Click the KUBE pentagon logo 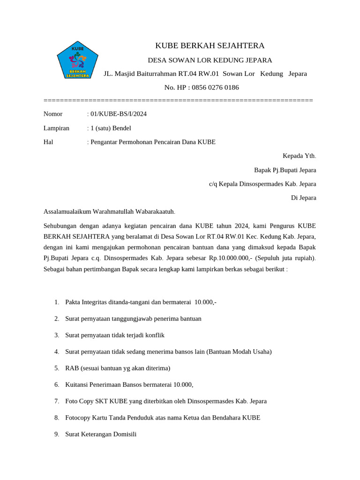click(77, 62)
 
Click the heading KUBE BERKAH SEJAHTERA click(210, 45)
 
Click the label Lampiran click(56, 128)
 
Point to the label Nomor click(53, 114)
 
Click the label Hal click(48, 142)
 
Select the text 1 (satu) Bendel click(111, 128)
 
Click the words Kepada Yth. click(299, 156)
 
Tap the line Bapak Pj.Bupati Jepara click(285, 170)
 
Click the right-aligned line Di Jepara click(303, 198)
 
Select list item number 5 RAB click(118, 368)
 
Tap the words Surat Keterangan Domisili click(101, 434)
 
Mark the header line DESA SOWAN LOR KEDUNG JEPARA click(210, 60)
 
